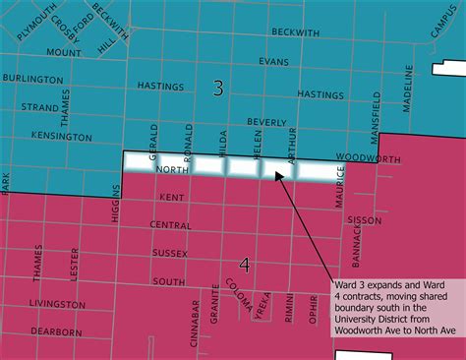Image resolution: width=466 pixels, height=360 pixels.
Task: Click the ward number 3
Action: point(217,89)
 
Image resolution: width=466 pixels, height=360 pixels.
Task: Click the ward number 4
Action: point(245,265)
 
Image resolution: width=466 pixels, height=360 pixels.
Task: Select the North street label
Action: point(171,171)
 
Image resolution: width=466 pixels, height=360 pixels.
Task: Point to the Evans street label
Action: point(273,61)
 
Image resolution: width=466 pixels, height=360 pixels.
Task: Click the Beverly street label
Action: point(266,121)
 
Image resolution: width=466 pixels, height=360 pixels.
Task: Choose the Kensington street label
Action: point(61,135)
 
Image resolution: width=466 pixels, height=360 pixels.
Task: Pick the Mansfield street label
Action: point(376,116)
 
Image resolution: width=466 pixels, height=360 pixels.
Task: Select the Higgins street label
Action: point(115,204)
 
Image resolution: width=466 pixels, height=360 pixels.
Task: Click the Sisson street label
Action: point(365,221)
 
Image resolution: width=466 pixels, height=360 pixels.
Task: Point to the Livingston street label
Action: point(57,304)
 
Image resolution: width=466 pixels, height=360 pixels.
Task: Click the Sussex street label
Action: point(169,254)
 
